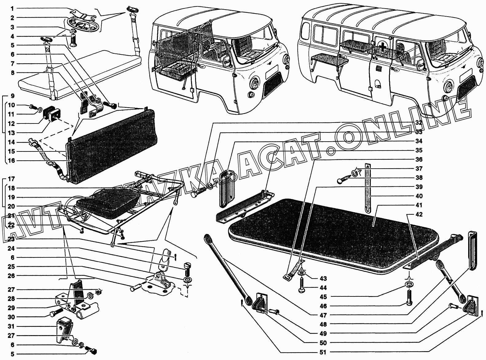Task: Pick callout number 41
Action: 418,205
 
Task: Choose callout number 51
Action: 323,352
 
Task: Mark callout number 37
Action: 418,169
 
